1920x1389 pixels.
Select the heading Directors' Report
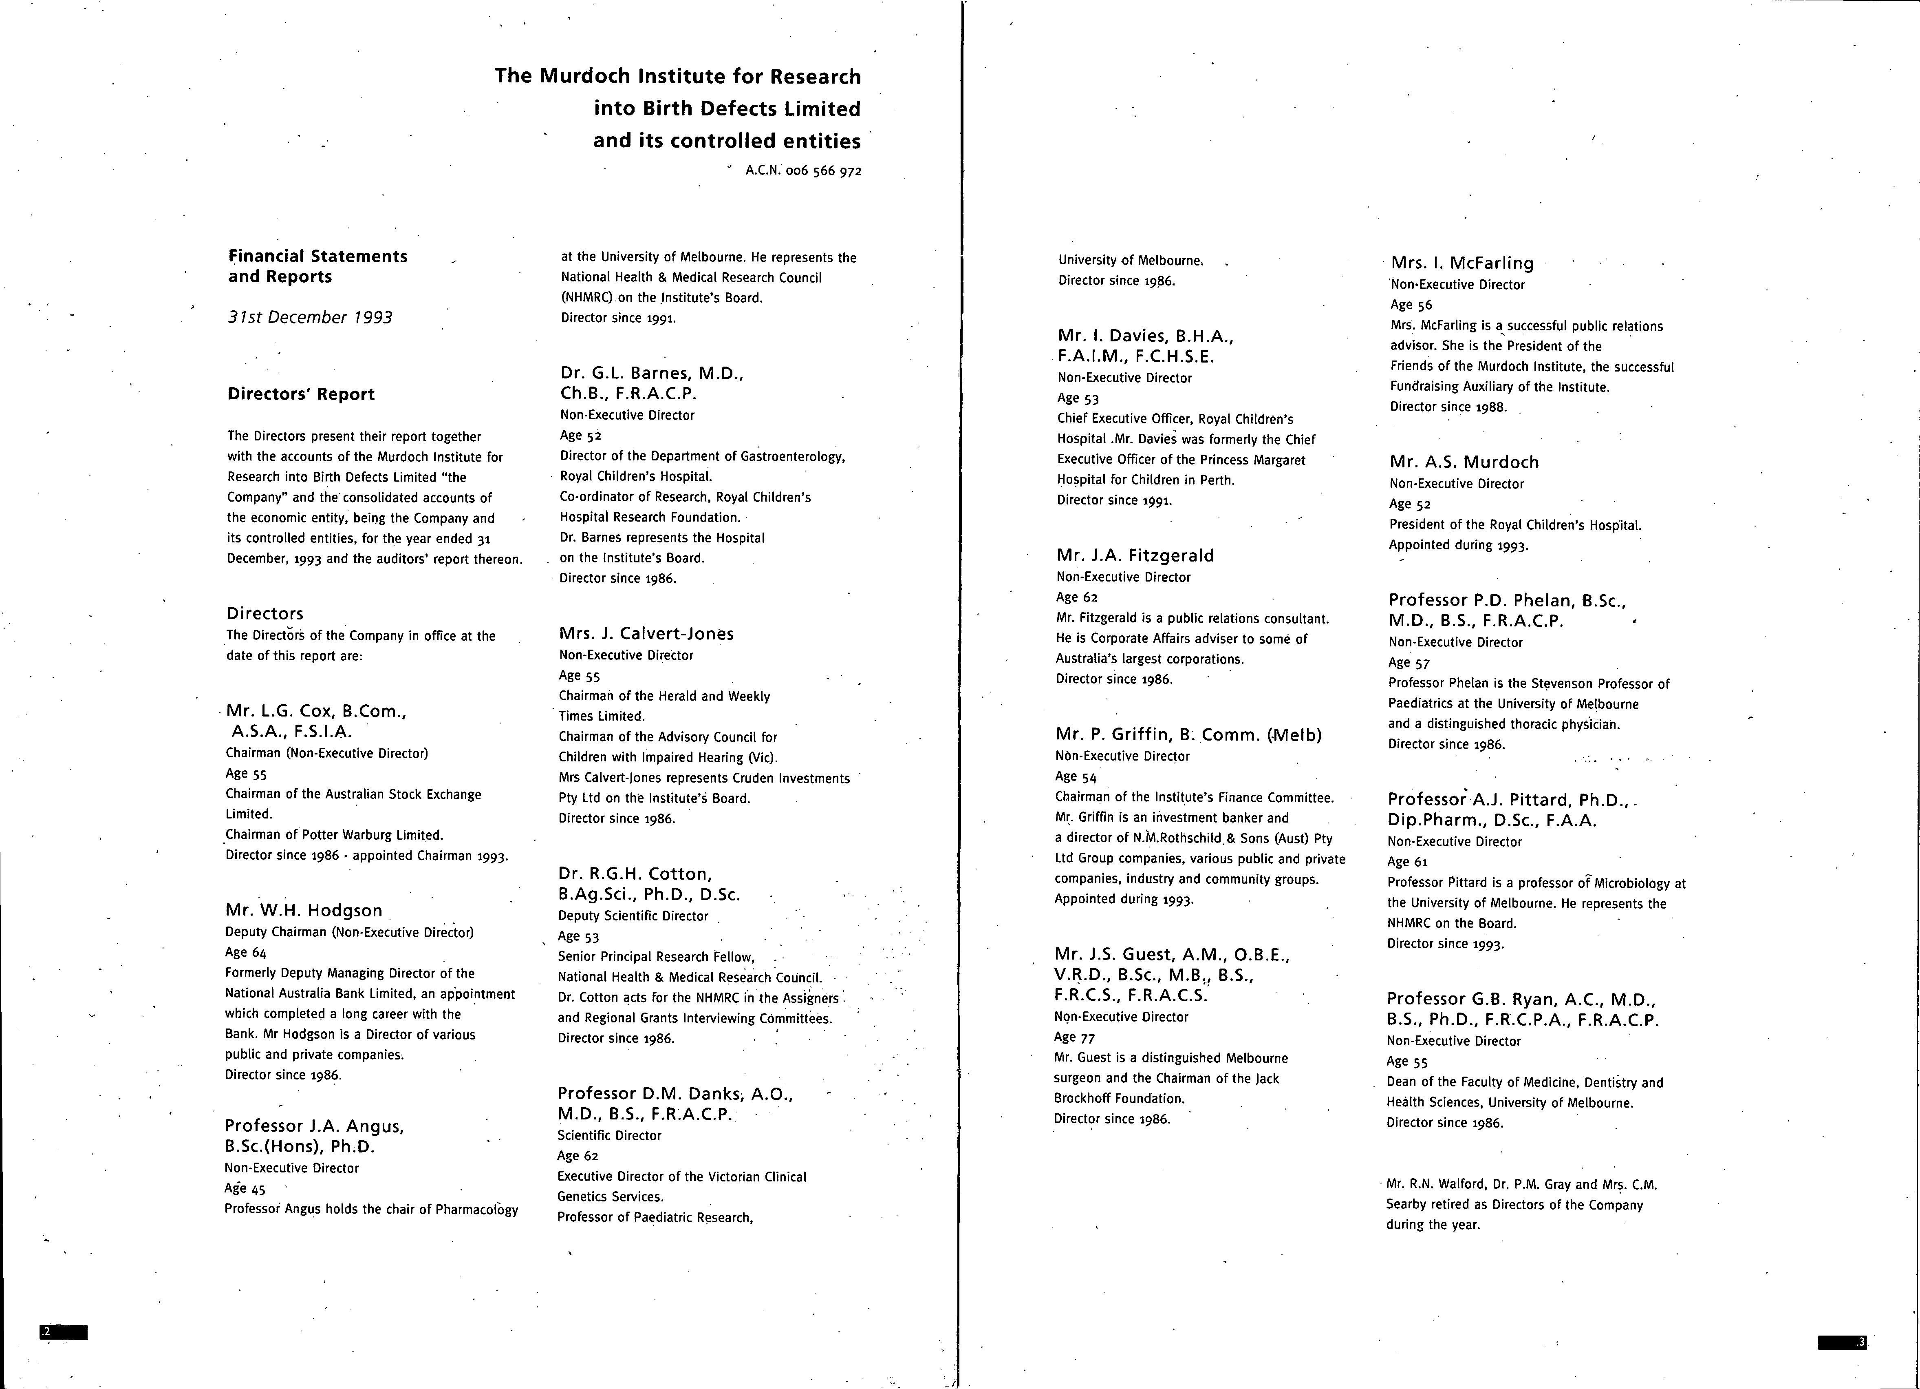(300, 394)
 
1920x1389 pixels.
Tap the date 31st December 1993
(310, 318)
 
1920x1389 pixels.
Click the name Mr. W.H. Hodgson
(304, 911)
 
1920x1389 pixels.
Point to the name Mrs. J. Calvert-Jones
(646, 633)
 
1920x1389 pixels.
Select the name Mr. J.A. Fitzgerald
(1135, 555)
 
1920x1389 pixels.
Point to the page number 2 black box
(64, 1332)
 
